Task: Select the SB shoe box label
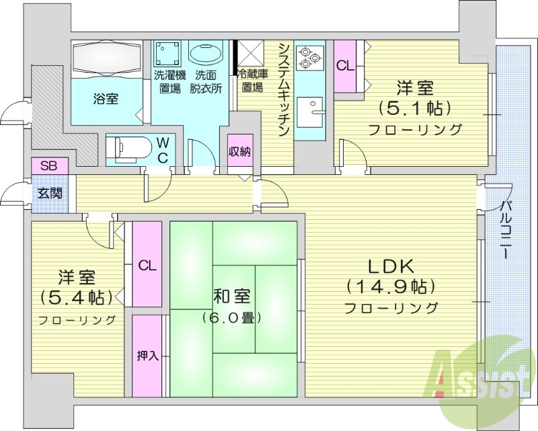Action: pyautogui.click(x=48, y=165)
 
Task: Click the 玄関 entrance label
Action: pyautogui.click(x=48, y=194)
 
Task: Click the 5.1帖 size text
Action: pyautogui.click(x=414, y=107)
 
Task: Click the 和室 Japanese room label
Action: pyautogui.click(x=233, y=295)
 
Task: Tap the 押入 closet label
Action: pyautogui.click(x=148, y=356)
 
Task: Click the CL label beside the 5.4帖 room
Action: pyautogui.click(x=147, y=266)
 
